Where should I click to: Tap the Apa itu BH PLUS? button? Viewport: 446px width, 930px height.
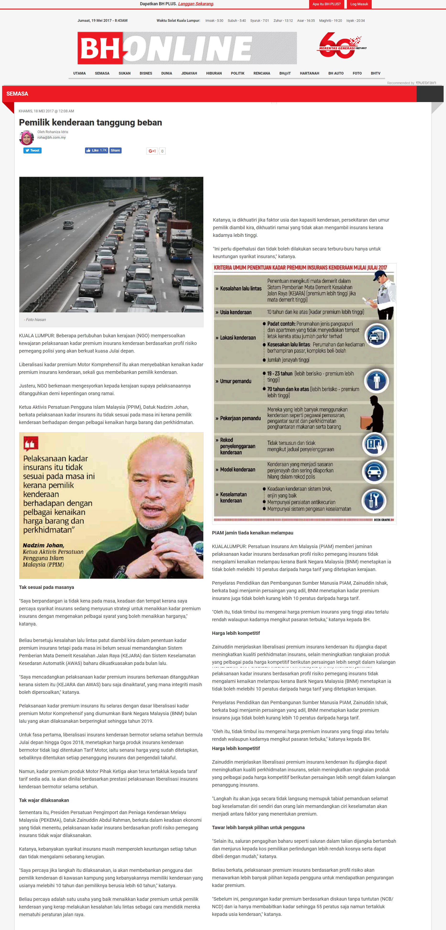tap(326, 4)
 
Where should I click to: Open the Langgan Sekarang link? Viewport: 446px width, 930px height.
tap(196, 4)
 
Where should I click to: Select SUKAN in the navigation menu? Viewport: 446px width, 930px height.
tap(124, 73)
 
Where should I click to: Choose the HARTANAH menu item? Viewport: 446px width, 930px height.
tap(309, 73)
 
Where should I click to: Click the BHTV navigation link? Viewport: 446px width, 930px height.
tap(375, 73)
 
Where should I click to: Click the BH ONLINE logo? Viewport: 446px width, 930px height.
tap(187, 48)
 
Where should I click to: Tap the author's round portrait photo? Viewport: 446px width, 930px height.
tap(26, 137)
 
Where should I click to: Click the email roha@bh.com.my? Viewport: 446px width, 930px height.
tap(52, 137)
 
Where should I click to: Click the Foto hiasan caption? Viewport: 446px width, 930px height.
tap(35, 320)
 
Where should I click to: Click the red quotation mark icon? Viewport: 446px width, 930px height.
tap(31, 443)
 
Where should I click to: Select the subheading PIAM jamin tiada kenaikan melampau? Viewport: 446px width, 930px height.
tap(253, 533)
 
